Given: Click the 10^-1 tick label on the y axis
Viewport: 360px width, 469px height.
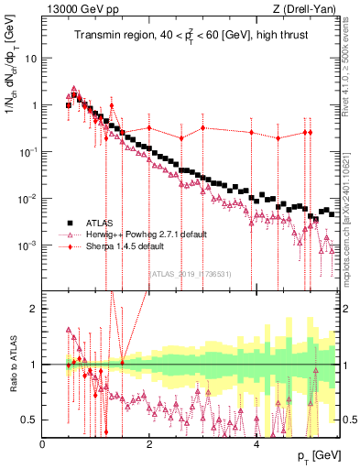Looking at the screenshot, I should [27, 152].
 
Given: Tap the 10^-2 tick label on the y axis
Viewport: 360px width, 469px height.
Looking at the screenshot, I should [27, 199].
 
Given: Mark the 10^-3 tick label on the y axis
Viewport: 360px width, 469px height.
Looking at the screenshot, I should [27, 245].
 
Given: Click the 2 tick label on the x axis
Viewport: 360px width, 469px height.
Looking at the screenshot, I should [149, 443].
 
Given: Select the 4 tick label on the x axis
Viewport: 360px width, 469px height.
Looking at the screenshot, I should [256, 443].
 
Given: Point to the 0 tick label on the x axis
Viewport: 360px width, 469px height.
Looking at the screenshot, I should [43, 443].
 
